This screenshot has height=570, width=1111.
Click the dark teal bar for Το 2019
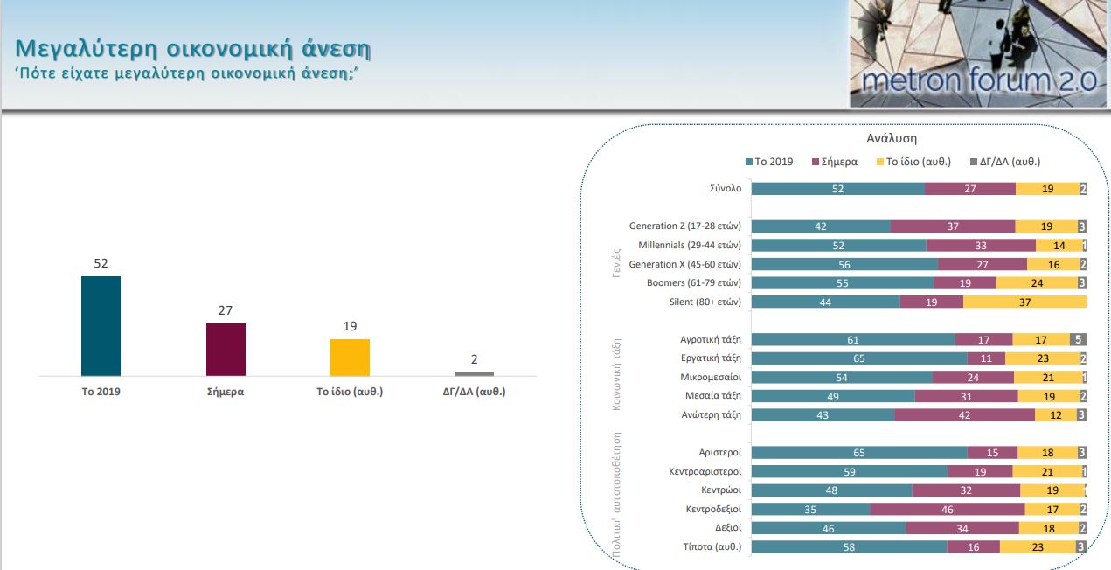[101, 325]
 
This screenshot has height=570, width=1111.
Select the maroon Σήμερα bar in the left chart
[226, 349]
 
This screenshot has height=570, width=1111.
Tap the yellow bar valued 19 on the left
[350, 357]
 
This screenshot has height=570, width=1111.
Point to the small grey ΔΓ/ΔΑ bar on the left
[474, 374]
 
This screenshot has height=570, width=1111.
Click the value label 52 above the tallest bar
[101, 263]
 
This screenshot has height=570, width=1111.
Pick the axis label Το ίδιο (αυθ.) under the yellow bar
[350, 392]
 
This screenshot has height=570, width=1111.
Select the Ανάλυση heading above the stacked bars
[892, 138]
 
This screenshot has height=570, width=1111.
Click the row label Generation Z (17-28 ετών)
[684, 226]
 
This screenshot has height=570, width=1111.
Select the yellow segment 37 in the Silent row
[1024, 302]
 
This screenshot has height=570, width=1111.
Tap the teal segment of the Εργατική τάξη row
[859, 358]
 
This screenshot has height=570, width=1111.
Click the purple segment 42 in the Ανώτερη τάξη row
[964, 414]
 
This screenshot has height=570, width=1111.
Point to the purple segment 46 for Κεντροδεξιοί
[947, 509]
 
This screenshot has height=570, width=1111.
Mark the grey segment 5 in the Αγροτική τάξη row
[1078, 339]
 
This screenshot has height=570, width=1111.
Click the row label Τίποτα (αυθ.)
[712, 546]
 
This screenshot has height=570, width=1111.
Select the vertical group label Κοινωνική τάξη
[618, 372]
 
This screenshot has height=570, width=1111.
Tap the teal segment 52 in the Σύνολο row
[837, 188]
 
